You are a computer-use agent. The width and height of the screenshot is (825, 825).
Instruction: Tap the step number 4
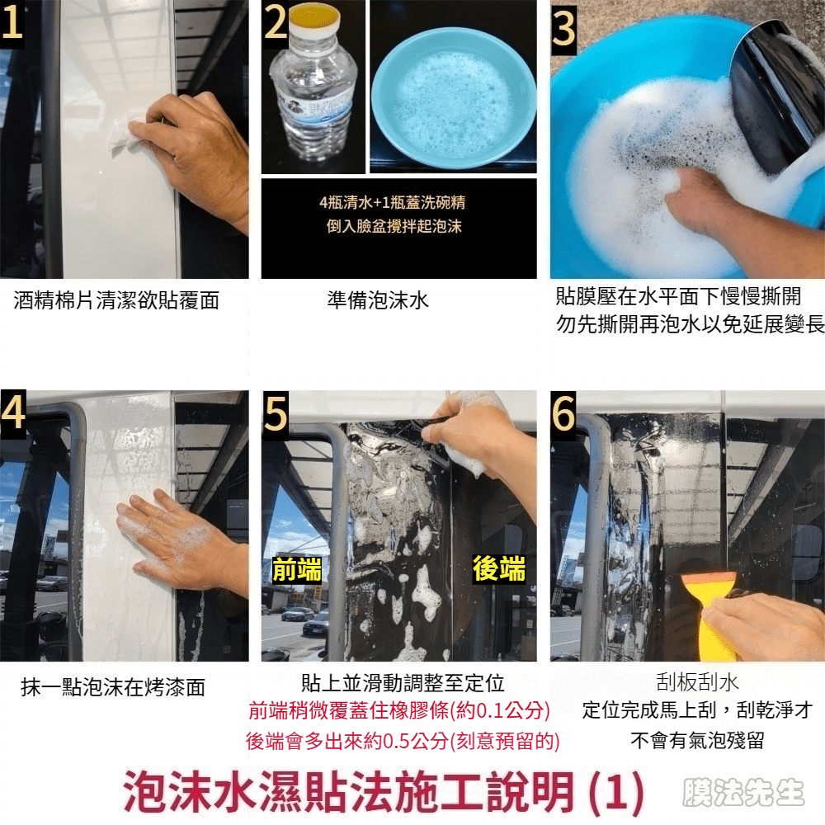click(x=13, y=412)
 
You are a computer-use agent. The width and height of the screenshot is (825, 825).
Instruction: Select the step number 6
click(x=563, y=414)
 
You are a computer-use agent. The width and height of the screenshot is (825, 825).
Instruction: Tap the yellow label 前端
click(x=297, y=570)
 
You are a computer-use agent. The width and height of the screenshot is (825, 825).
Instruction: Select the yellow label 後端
click(x=499, y=568)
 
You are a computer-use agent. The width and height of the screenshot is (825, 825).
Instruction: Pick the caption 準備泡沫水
click(x=378, y=300)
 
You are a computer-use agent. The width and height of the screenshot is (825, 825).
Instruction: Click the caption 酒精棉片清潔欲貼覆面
click(x=116, y=300)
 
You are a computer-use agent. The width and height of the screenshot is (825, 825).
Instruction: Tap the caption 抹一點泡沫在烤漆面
click(x=113, y=687)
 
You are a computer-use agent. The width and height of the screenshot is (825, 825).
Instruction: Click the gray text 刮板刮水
click(x=698, y=682)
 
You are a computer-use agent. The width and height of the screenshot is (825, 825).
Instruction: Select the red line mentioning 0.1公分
click(x=398, y=711)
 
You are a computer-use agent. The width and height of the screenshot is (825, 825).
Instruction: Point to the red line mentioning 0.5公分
click(x=403, y=741)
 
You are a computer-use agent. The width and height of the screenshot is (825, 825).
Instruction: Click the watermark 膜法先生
click(x=743, y=792)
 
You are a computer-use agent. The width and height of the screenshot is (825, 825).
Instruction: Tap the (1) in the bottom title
click(x=616, y=792)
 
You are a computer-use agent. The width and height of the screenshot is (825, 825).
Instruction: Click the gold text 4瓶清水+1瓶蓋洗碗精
click(x=393, y=202)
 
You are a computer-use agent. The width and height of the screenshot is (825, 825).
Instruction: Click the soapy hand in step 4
click(x=179, y=542)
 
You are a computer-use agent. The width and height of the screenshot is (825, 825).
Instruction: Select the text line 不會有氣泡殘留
click(x=698, y=740)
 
